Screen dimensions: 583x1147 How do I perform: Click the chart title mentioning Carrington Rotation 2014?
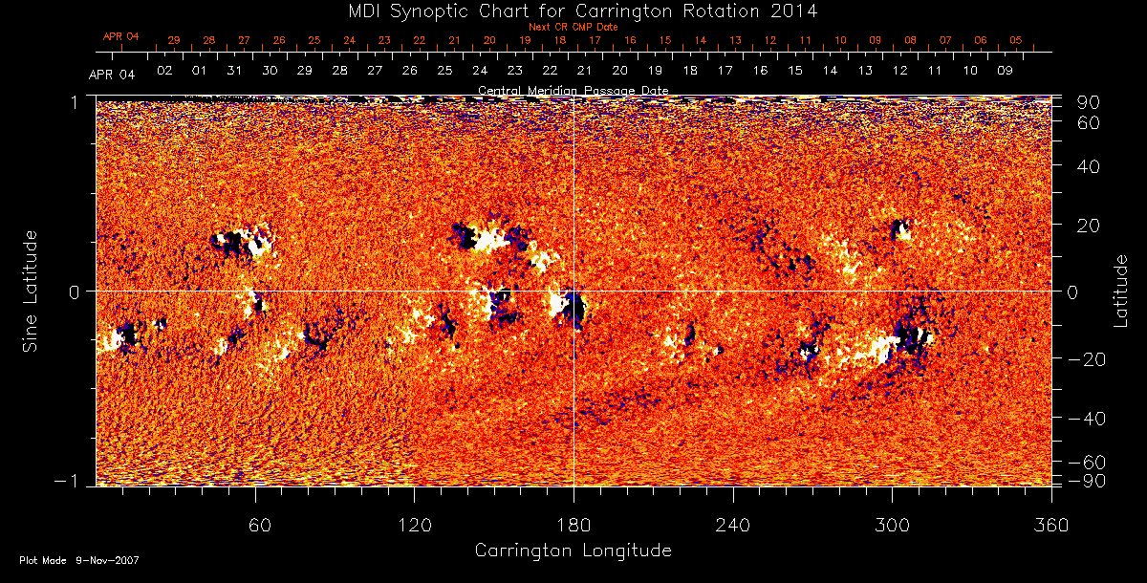coord(573,11)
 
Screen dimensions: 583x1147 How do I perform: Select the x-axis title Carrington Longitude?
coord(573,551)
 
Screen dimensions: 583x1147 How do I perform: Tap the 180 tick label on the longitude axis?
coord(573,526)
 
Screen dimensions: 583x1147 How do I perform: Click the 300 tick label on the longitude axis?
coord(891,526)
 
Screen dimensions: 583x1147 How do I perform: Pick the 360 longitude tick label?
coord(1050,526)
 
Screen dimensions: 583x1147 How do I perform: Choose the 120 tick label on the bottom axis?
coord(414,526)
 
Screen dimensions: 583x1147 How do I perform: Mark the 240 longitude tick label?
coord(732,526)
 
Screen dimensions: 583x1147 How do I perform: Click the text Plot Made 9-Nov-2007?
coord(79,560)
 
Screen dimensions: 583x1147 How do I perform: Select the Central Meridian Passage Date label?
coord(573,91)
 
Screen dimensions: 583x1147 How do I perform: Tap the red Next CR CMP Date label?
coord(573,27)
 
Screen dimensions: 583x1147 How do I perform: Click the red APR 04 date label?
coord(121,36)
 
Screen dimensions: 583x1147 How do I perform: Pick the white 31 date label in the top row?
coord(234,71)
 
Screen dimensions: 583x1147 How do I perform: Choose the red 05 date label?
coord(1015,40)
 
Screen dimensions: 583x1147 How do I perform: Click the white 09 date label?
coord(1005,71)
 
